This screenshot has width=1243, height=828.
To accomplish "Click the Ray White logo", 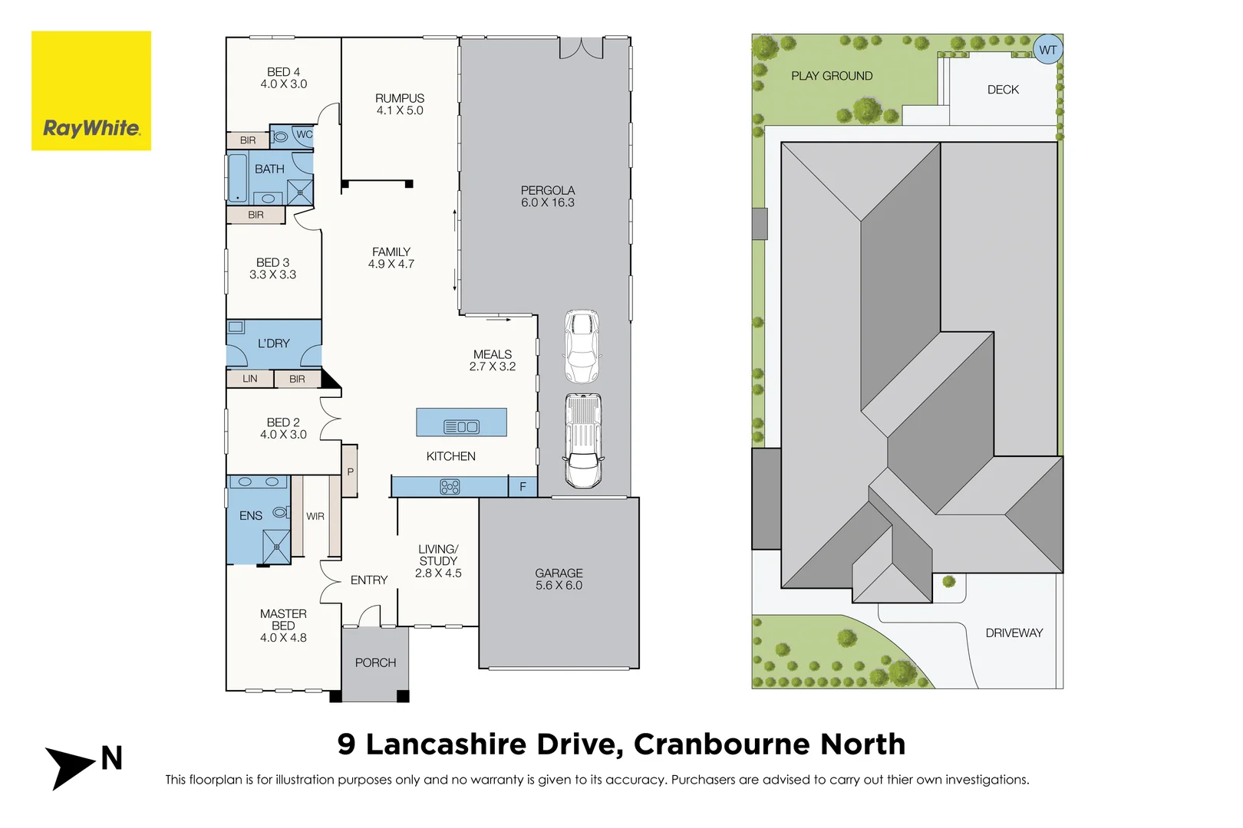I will point(91,90).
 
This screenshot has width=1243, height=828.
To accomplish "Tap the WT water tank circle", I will point(1047,50).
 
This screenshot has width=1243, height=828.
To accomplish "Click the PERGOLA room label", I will point(547,191).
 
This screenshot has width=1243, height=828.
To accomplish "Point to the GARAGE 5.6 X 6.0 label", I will point(559,579).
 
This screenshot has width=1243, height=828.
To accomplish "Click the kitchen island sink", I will point(461,427).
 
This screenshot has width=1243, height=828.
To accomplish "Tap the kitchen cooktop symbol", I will point(450,487).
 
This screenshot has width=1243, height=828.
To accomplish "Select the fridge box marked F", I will point(523,487).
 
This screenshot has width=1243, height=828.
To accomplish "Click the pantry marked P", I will point(350,472).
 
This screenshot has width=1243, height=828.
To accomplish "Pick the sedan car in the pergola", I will point(582,347).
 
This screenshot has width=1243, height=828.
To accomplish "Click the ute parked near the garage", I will point(583,441).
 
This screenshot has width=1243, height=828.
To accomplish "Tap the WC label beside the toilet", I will point(305,135).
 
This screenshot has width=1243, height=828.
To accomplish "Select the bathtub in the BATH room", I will point(237,178).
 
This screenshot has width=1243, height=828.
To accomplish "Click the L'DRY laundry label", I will point(274,343).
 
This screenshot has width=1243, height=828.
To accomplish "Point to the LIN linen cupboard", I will point(250,379).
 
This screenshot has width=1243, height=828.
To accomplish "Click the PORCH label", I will point(375,662).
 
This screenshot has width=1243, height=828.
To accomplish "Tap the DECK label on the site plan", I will point(1003,90).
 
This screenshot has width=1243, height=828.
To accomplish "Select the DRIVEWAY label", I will point(1014,632).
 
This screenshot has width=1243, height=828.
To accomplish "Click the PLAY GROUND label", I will point(832,76).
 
